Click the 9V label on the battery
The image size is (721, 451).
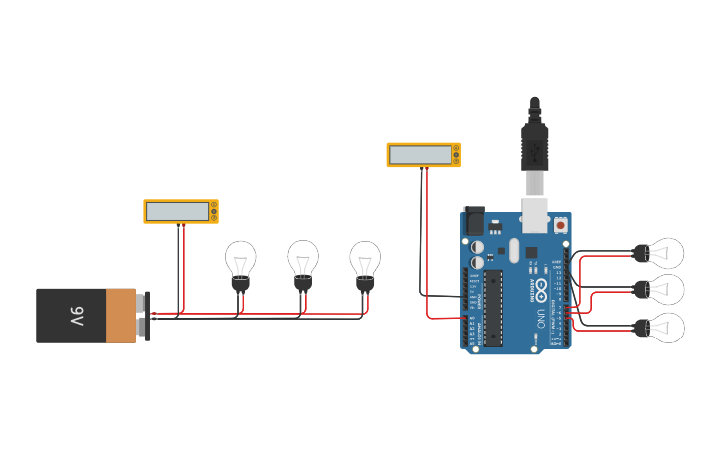tap(76, 317)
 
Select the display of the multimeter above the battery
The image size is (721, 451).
tap(177, 211)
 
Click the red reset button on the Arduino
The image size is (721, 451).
tap(561, 226)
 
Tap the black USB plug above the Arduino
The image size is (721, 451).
tap(535, 144)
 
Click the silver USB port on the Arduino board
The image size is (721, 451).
tap(535, 210)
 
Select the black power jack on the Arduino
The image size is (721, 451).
tap(474, 220)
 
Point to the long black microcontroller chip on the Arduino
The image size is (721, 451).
tap(493, 308)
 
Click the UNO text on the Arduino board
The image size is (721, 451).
tap(540, 318)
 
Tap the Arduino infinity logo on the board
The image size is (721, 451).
tap(541, 290)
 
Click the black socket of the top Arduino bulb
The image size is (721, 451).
tap(641, 253)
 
